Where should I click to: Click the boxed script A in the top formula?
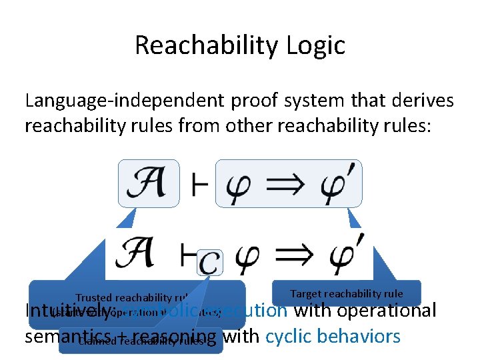click(149, 183)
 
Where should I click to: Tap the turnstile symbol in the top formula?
click(198, 185)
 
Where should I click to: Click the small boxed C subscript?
click(210, 262)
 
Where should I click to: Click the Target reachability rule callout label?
click(347, 293)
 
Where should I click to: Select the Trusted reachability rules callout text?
click(133, 298)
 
